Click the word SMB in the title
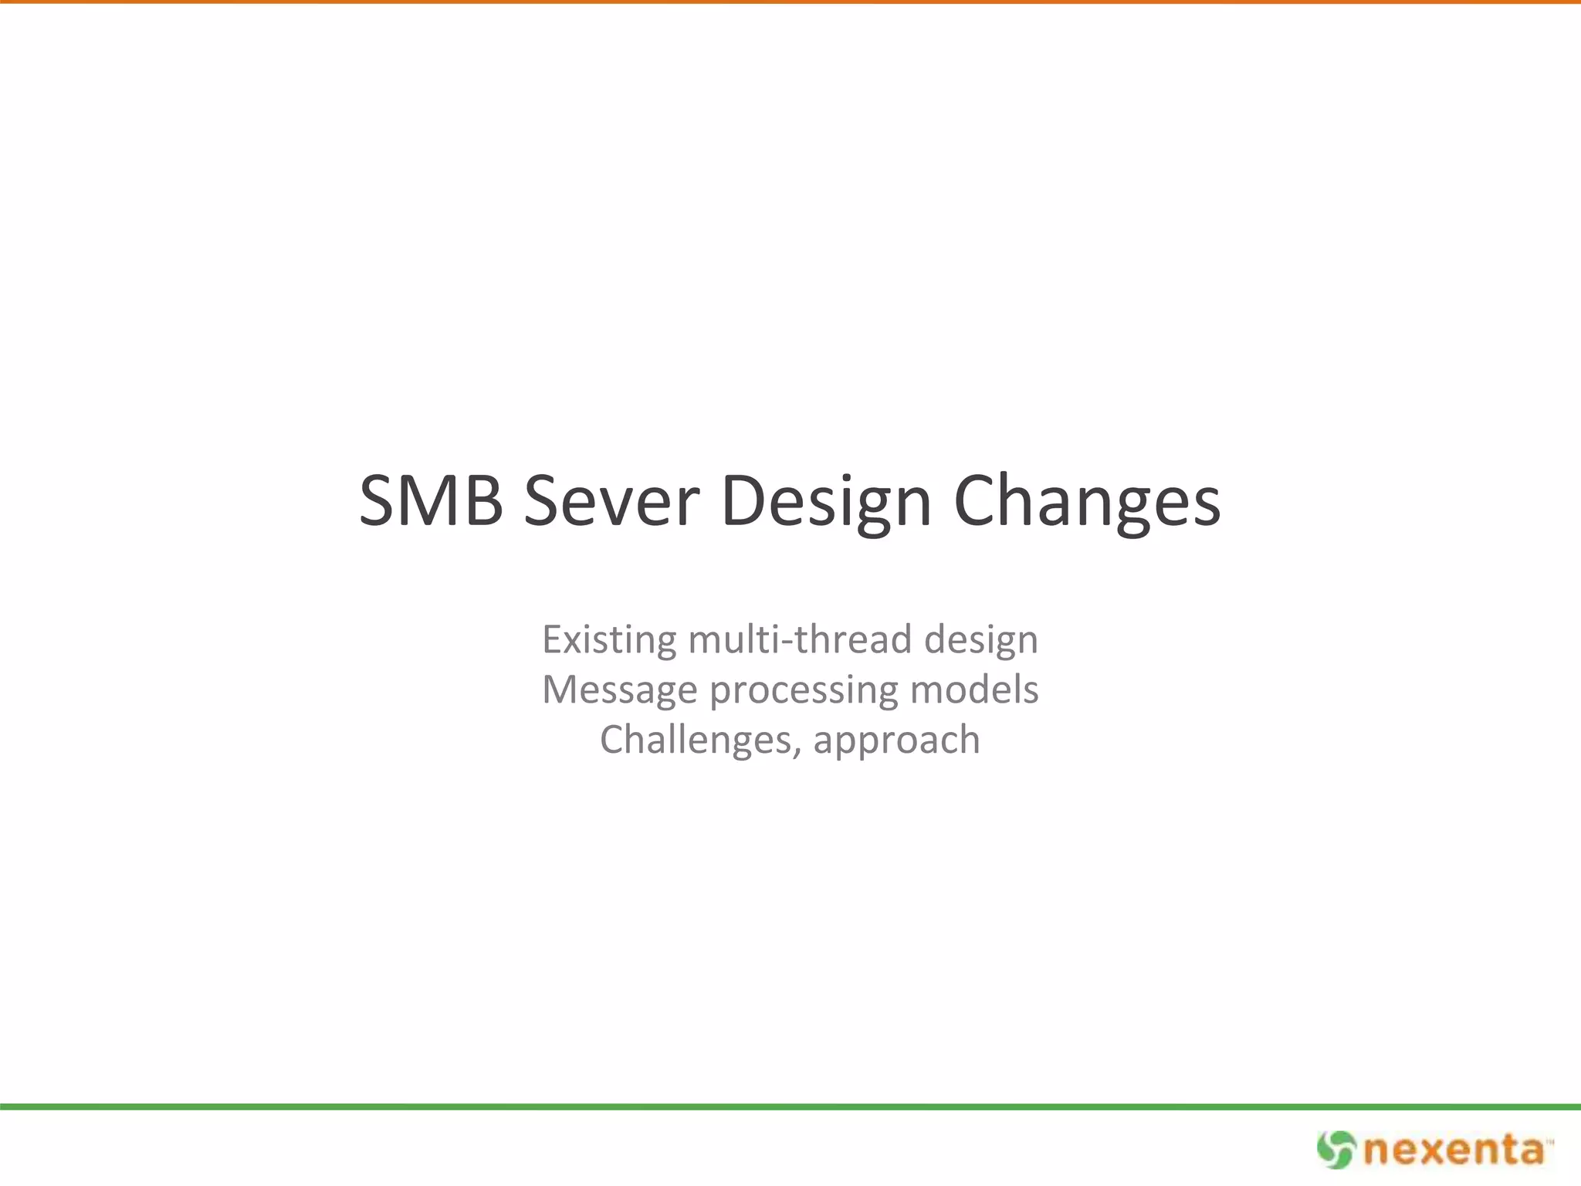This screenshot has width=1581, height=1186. click(431, 502)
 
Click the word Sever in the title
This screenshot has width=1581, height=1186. click(611, 502)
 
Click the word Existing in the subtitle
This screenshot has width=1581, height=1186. click(609, 640)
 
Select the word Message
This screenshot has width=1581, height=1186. click(619, 690)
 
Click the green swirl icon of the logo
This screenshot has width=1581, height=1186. click(1336, 1150)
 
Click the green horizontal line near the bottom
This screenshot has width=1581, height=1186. click(790, 1106)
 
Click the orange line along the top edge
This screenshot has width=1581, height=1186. click(790, 2)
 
